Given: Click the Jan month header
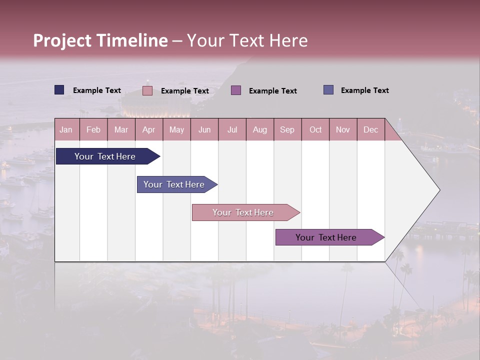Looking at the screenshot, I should pos(66,129).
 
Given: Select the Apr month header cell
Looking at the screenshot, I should pos(149,129).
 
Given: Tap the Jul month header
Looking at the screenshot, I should pos(232,129).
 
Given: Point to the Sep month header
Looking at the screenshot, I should pos(287,129).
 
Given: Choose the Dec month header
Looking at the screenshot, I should pos(370,129).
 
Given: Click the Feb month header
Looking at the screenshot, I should pos(93,129).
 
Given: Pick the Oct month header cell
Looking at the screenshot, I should pos(315,129).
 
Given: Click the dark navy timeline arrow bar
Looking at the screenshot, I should pos(105,156).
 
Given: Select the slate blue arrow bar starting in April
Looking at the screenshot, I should pos(174,184).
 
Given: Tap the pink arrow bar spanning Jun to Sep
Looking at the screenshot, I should pos(243,212).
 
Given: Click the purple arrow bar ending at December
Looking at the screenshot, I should pos(326,237).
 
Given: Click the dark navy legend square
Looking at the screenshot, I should pos(59,90).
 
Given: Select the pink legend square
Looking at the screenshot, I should pos(147,90).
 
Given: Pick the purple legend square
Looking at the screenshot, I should pos(236,90).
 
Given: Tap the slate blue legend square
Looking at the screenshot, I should pos(328,90).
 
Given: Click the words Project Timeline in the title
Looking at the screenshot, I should pos(100,40).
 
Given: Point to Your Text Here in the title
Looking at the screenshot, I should pos(247,40).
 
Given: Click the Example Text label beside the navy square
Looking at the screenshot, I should pos(97,90).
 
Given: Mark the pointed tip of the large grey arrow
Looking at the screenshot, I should pos(439,189).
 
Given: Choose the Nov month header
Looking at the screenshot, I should pos(343,129).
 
